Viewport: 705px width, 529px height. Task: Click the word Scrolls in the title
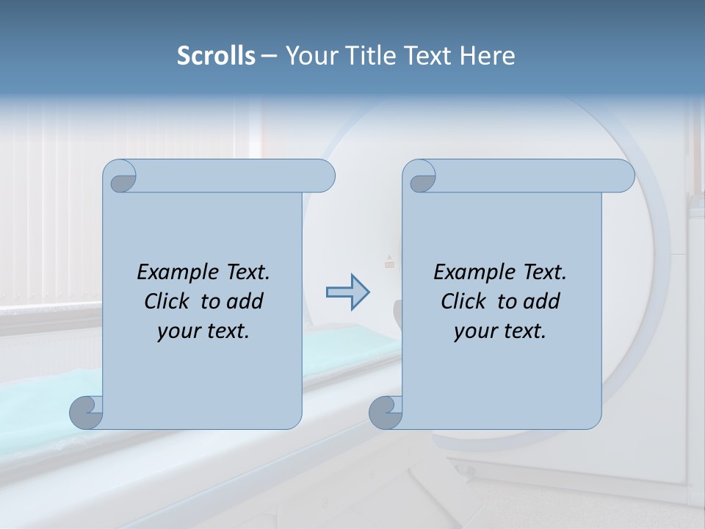click(216, 56)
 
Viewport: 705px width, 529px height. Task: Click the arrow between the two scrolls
click(348, 292)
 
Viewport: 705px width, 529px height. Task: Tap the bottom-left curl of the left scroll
click(87, 414)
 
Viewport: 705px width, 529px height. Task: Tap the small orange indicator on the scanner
click(389, 264)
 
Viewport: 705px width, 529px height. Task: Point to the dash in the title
click(269, 56)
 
